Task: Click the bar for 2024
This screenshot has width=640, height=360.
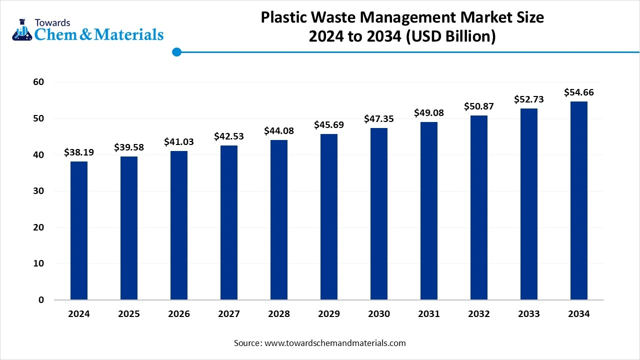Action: tap(79, 230)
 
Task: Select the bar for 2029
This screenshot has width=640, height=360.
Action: tap(329, 217)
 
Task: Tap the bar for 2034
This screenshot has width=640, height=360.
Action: tap(579, 200)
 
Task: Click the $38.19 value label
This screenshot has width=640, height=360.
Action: tap(79, 152)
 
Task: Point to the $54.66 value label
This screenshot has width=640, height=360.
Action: tap(579, 92)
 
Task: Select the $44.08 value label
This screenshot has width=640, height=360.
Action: tap(279, 131)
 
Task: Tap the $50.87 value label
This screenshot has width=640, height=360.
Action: tap(479, 106)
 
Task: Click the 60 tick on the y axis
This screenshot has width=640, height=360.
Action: tap(38, 82)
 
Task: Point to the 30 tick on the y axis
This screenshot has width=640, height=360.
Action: tap(38, 191)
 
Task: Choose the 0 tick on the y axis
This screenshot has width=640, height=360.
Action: tap(41, 300)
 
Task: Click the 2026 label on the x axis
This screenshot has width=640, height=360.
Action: tap(179, 314)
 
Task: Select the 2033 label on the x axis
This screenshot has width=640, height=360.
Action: tap(529, 314)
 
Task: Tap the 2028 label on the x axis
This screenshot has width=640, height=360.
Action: tap(279, 314)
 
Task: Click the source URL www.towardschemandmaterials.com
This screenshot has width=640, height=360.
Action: tap(335, 343)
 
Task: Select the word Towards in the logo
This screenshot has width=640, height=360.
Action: tap(52, 22)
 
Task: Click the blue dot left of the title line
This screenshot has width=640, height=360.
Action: tap(176, 52)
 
